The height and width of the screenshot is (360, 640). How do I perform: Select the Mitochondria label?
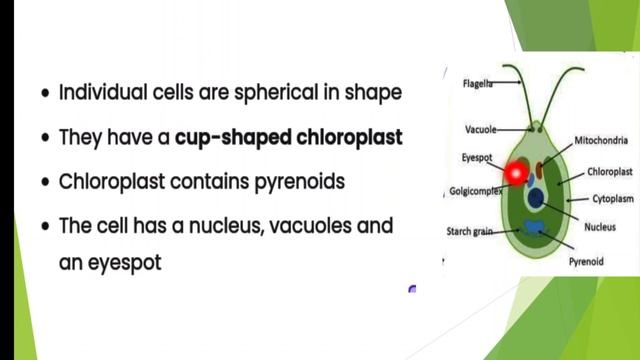coord(601,140)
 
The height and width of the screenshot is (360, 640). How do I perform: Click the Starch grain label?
coord(469,231)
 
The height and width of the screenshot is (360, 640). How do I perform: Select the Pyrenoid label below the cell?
coord(588,261)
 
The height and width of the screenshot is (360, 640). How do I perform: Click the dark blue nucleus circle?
coord(537,199)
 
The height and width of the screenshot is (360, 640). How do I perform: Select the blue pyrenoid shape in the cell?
coord(535,229)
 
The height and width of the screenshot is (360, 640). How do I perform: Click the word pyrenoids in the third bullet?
coord(305,182)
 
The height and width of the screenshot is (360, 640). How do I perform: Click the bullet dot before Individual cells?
coord(45,94)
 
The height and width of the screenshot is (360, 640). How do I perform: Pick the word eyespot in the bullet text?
coord(126,263)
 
